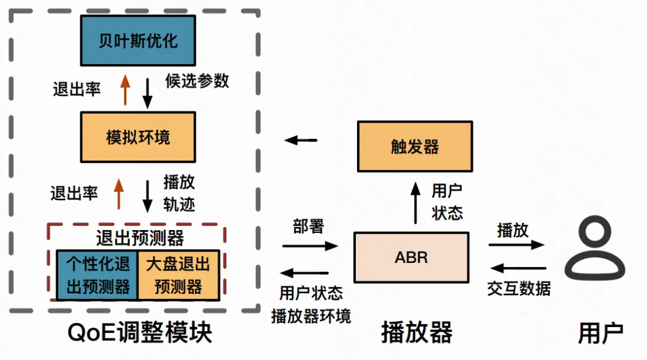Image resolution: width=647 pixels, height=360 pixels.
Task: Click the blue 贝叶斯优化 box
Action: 138,40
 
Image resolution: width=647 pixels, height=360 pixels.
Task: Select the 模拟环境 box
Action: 138,137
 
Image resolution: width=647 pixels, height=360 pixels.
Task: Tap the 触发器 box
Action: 415,147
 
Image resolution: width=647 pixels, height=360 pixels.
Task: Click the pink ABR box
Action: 411,258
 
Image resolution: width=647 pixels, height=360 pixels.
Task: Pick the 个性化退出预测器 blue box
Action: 98,276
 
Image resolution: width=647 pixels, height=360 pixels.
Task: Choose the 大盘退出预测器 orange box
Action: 179,276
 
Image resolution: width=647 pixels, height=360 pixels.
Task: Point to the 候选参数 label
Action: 197,81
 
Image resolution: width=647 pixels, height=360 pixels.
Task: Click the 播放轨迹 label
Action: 179,192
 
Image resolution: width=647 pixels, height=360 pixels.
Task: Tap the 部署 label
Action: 309,226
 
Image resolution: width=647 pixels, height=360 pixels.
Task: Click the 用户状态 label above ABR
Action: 447,202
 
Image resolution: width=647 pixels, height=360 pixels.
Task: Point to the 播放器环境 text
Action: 311,316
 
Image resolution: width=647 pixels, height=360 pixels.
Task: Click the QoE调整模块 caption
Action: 140,333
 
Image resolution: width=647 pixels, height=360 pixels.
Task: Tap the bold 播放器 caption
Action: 416,333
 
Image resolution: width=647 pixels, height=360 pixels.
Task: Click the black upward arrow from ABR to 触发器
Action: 415,203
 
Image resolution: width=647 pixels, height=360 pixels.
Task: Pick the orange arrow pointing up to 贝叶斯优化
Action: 125,90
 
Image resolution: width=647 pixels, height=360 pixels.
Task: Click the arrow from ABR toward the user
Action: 516,244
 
